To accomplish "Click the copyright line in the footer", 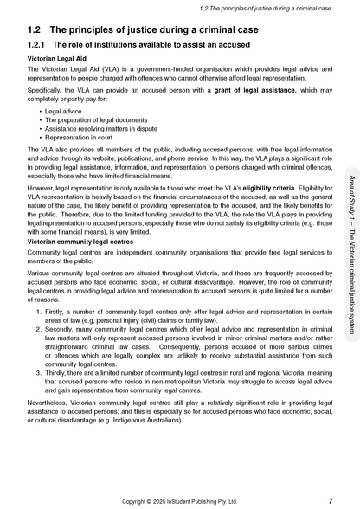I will point(179,500).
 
